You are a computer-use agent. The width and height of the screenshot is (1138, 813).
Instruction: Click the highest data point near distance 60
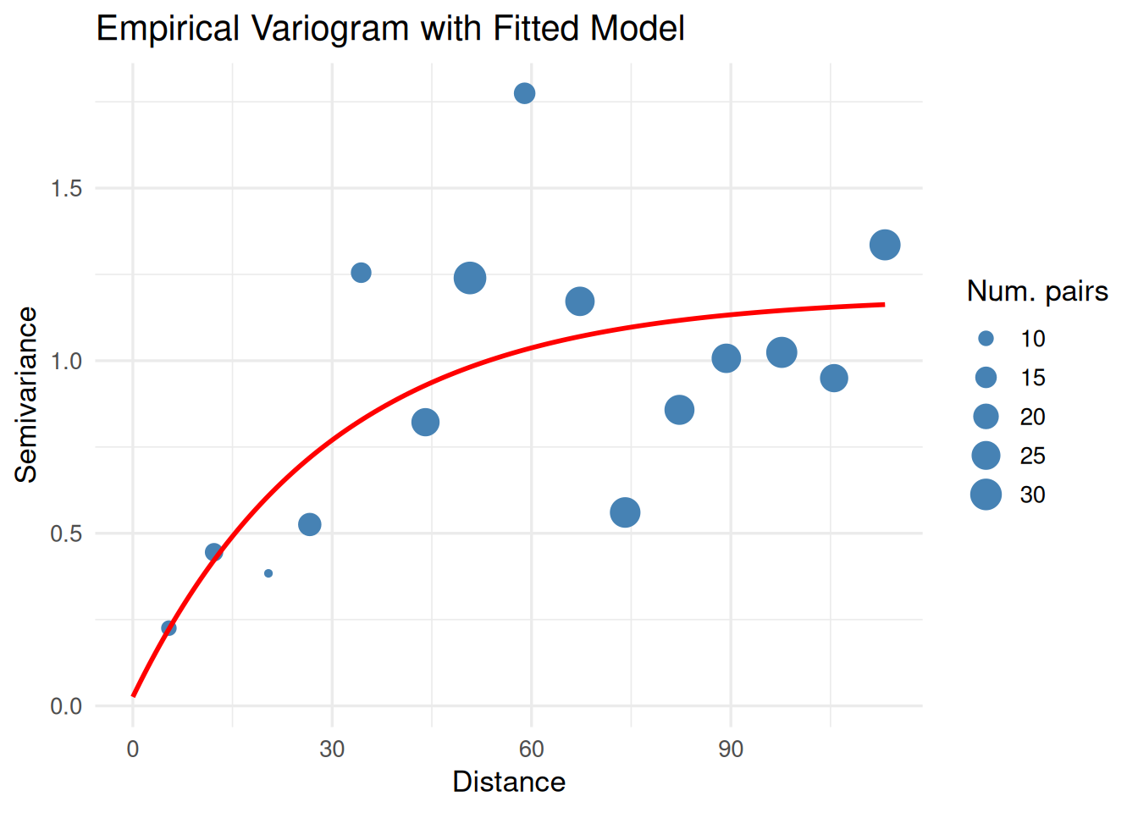coord(524,93)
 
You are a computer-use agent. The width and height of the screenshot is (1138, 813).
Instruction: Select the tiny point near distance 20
coord(268,573)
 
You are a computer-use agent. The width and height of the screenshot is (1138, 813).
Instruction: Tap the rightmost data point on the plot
coord(884,245)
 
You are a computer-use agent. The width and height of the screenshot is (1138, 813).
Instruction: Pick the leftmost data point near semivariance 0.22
coord(168,628)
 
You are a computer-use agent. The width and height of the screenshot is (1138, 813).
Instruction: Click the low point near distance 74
coord(625,512)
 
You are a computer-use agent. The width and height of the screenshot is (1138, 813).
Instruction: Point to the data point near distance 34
coord(361,273)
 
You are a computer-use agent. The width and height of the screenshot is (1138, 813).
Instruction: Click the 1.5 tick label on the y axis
coord(66,188)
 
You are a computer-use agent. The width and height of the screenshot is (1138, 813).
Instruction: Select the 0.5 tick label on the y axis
coord(66,534)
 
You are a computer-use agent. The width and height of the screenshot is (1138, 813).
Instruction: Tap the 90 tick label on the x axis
coord(731,749)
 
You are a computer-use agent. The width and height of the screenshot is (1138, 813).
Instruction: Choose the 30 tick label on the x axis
coord(332,749)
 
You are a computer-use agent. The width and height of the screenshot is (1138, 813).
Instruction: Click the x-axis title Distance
coord(509,782)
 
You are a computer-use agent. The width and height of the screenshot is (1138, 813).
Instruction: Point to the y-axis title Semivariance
coord(27,395)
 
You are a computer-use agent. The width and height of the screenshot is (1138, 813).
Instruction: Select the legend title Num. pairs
coord(1037,291)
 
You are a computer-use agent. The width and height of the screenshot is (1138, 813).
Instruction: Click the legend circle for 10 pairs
coord(986,339)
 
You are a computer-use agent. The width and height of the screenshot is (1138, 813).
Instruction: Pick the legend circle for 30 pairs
coord(986,495)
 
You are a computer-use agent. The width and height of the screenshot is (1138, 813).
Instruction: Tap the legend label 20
coord(1032,417)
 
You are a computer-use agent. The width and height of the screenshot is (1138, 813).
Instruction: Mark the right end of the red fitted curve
coord(884,304)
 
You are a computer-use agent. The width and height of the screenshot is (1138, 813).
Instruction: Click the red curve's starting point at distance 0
coord(133,695)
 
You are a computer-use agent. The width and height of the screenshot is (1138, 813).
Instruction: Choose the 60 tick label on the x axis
coord(532,749)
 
